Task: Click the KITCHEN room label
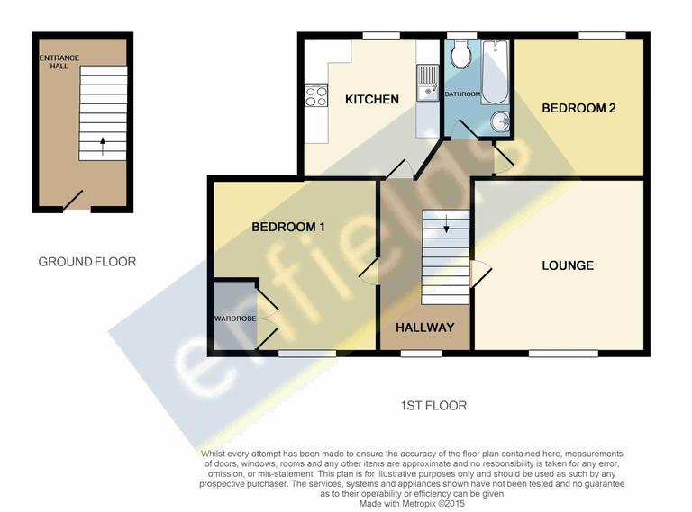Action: [371, 99]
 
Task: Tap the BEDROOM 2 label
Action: [578, 108]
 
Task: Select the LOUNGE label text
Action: [567, 265]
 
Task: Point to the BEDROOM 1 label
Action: [287, 227]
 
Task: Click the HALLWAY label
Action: [425, 328]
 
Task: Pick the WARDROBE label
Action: [235, 319]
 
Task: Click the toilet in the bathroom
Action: [460, 56]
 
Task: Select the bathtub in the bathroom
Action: [494, 72]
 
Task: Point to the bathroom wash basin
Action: [500, 121]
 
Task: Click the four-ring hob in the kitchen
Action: [315, 94]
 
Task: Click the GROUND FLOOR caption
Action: [86, 262]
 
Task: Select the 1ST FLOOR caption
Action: [433, 406]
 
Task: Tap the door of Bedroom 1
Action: [368, 270]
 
